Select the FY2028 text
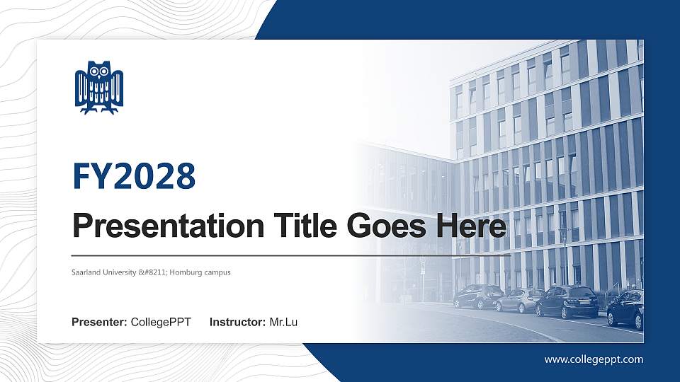(134, 176)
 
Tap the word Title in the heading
(301, 226)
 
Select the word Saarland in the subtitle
(84, 272)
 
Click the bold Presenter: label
(99, 323)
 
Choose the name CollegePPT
(161, 323)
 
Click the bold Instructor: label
(238, 323)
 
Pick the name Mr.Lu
(283, 323)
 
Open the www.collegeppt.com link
(594, 359)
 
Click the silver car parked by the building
(519, 300)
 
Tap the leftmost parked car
(478, 296)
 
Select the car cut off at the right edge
(625, 308)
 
